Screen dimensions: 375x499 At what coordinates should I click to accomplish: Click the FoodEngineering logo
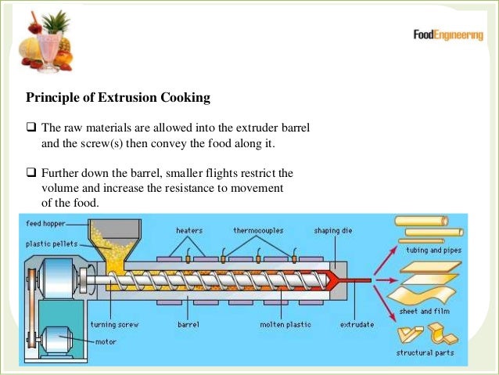pyautogui.click(x=447, y=35)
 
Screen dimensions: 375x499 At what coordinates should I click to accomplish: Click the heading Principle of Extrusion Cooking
pyautogui.click(x=118, y=99)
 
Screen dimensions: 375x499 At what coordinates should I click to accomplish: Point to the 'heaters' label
pyautogui.click(x=189, y=231)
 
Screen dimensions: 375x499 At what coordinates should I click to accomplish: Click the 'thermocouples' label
pyautogui.click(x=259, y=231)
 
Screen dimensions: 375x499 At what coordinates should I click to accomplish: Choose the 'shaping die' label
pyautogui.click(x=331, y=231)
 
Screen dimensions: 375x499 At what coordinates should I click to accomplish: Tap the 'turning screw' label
pyautogui.click(x=114, y=323)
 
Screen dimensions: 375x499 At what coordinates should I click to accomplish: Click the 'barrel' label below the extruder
pyautogui.click(x=189, y=323)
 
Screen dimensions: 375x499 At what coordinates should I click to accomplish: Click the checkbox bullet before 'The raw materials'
pyautogui.click(x=31, y=128)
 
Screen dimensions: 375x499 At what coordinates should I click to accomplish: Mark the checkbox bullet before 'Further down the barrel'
pyautogui.click(x=31, y=171)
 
